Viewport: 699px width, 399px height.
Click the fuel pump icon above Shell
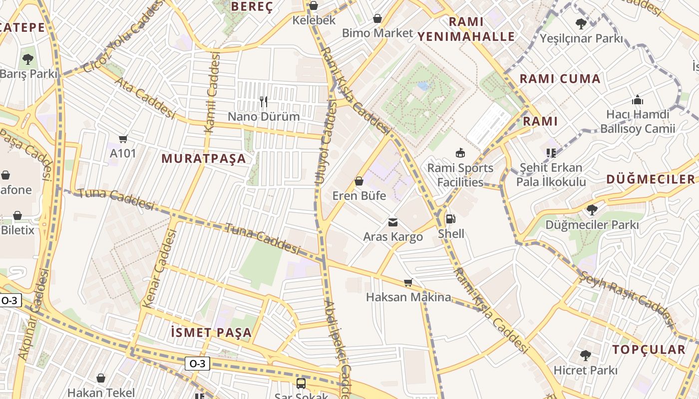[x=450, y=218]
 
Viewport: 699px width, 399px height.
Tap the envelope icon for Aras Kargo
[x=393, y=222]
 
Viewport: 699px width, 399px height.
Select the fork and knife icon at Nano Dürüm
[x=264, y=102]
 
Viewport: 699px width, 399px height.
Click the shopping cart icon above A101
[x=123, y=139]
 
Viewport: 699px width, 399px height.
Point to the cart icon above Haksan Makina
[x=408, y=283]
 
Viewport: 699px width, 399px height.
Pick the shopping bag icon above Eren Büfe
[x=358, y=181]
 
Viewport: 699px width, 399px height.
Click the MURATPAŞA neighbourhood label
[x=204, y=159]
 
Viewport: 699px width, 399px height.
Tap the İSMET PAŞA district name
[x=211, y=332]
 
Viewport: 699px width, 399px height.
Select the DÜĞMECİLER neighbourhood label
[x=651, y=180]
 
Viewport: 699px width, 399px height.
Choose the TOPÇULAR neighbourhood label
[x=649, y=350]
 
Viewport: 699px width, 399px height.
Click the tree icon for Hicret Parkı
[x=586, y=356]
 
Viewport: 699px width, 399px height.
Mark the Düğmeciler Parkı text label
[x=592, y=225]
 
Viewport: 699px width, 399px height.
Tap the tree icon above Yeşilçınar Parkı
[x=581, y=23]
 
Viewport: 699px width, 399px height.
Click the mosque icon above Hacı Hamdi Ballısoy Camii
[x=638, y=100]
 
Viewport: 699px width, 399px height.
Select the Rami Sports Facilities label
[x=460, y=175]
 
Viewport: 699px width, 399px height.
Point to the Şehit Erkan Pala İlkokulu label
[x=551, y=175]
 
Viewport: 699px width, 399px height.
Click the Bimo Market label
[x=377, y=33]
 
